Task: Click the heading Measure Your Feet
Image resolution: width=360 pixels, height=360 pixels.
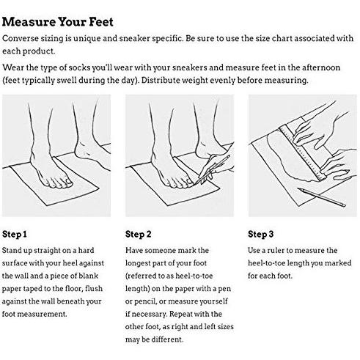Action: point(58,22)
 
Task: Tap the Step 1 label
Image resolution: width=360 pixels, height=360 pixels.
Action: point(15,234)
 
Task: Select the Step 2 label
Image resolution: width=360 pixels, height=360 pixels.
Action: point(139,234)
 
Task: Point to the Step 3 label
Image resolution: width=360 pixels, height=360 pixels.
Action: point(261,234)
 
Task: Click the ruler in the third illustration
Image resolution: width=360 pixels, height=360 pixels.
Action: point(302,153)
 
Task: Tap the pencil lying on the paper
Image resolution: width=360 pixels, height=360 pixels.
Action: point(321,197)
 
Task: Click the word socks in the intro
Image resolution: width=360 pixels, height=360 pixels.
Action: point(80,67)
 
